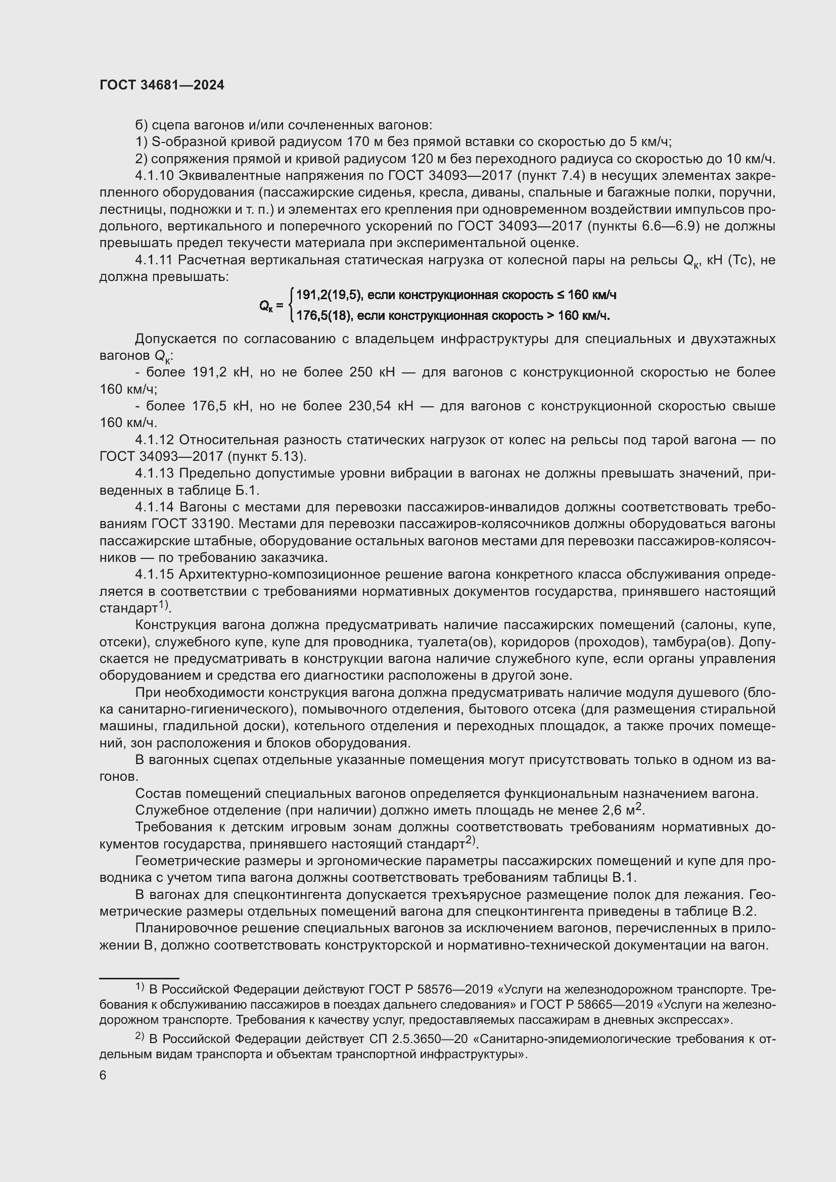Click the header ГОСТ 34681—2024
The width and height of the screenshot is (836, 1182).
pos(162,85)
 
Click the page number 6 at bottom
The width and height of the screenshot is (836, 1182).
pos(103,1075)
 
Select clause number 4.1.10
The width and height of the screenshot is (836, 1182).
pos(155,176)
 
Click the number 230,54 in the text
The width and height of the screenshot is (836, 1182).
pos(370,406)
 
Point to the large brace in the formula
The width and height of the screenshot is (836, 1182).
pos(292,305)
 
